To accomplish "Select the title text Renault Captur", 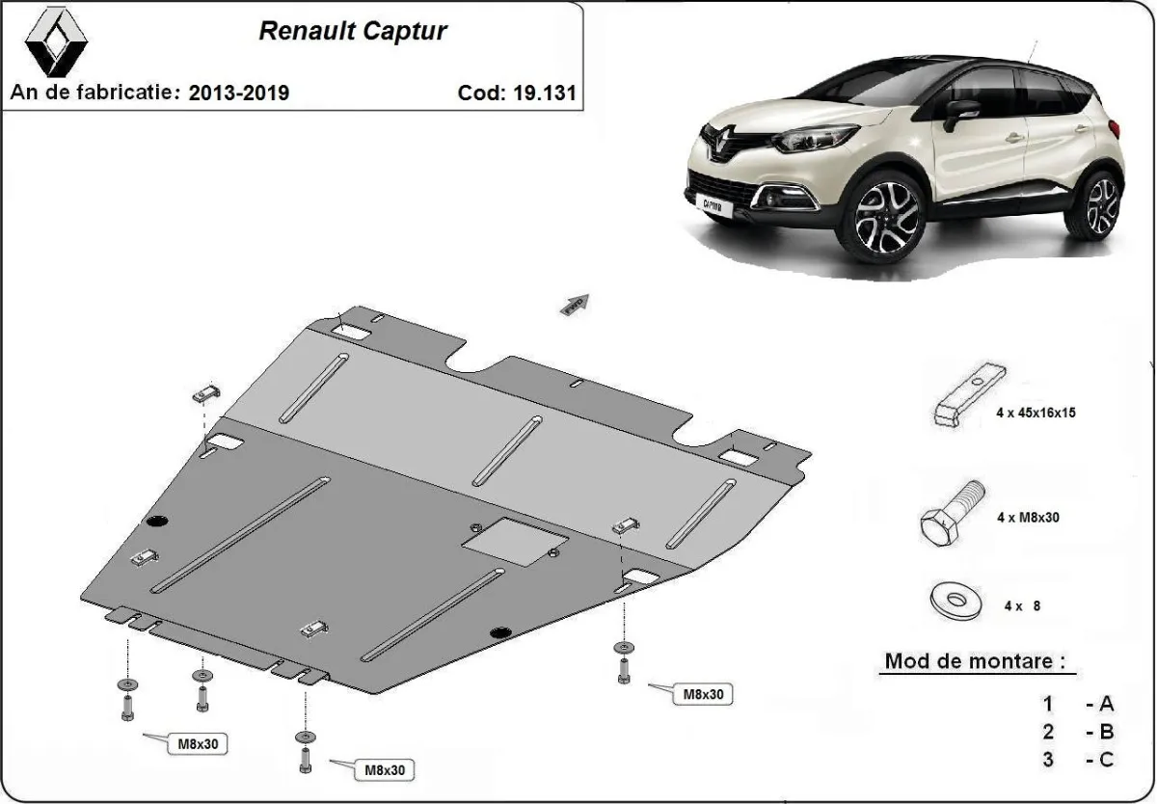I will tap(352, 32).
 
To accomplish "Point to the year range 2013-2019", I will tap(239, 93).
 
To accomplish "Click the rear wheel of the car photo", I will tap(1100, 203).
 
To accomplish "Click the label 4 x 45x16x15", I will tap(1036, 413).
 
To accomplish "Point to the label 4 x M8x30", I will tap(1028, 518).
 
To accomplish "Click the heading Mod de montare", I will tap(976, 662).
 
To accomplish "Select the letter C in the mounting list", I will tap(1105, 760).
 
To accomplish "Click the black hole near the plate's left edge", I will tap(156, 523).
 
